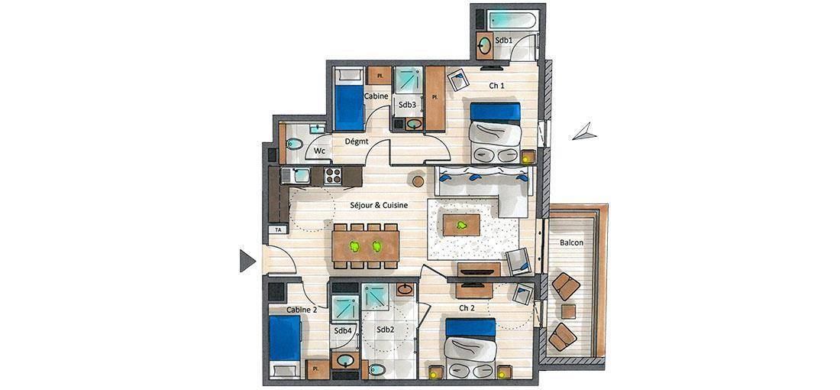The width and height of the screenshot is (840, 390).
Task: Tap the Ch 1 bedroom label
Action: [496, 86]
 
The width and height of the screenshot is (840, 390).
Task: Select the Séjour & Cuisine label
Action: [380, 205]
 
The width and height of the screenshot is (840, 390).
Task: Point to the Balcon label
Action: [572, 242]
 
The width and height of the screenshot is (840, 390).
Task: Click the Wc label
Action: [319, 151]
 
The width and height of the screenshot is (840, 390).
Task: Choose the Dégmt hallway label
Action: [356, 141]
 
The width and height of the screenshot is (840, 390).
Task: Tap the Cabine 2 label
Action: [302, 310]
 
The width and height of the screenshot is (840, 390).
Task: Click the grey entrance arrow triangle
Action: [247, 261]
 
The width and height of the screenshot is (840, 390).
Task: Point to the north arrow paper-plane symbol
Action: [584, 132]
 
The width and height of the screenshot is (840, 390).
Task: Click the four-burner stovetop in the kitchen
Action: [333, 176]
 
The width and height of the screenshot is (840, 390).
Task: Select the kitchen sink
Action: [296, 176]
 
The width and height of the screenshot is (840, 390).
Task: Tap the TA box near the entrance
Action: [278, 229]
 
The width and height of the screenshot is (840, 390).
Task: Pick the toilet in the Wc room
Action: [293, 144]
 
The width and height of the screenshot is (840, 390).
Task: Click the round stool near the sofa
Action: [418, 181]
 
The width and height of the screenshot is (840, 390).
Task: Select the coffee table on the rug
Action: [461, 225]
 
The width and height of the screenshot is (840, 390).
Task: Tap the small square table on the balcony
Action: [568, 312]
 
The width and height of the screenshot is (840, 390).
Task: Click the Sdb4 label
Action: [343, 331]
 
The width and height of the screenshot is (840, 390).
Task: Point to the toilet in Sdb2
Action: [377, 369]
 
